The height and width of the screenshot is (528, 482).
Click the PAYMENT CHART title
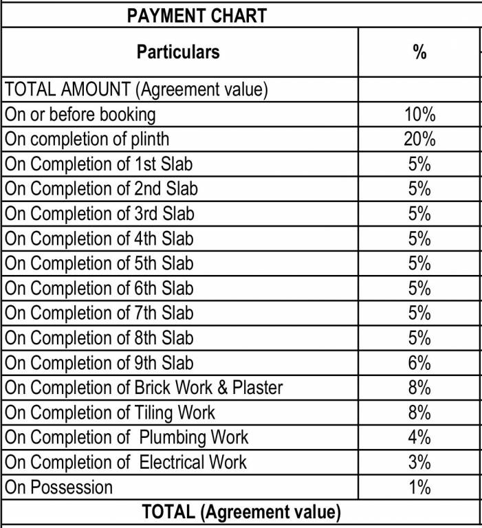[197, 16]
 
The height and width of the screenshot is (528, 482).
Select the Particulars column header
[178, 52]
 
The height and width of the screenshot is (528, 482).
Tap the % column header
[419, 52]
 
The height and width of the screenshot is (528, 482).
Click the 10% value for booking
[419, 114]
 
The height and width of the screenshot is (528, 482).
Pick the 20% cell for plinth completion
[419, 139]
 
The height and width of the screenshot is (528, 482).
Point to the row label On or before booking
[80, 114]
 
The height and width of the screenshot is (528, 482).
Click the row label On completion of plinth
[87, 139]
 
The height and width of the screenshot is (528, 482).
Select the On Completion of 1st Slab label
[99, 164]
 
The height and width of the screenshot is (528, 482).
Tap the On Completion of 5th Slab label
[99, 263]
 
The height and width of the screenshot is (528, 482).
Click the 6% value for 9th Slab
[419, 363]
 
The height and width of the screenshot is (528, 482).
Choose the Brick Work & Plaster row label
[144, 388]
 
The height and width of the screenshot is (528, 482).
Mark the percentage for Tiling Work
[419, 412]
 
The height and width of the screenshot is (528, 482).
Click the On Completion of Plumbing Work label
[127, 437]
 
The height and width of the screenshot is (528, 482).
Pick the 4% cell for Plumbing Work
[419, 437]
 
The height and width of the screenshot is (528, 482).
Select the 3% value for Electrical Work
[419, 462]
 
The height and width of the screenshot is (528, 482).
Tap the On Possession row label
[58, 487]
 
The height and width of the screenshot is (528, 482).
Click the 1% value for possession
[419, 487]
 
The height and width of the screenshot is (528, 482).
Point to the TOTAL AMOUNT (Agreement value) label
[136, 89]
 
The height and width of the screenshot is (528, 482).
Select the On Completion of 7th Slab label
[99, 313]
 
